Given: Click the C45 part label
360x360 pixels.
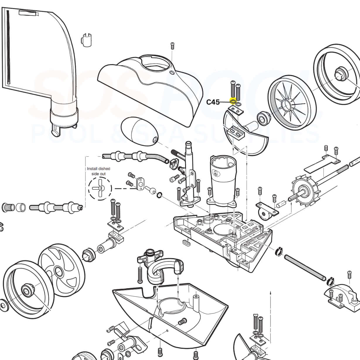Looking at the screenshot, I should [213, 102].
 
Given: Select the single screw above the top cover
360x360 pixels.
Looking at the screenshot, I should [172, 46].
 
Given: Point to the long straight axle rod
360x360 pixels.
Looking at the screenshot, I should [305, 267].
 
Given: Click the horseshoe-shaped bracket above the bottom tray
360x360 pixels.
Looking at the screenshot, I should [164, 271].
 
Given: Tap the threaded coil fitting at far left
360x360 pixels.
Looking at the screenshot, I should [8, 208].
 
